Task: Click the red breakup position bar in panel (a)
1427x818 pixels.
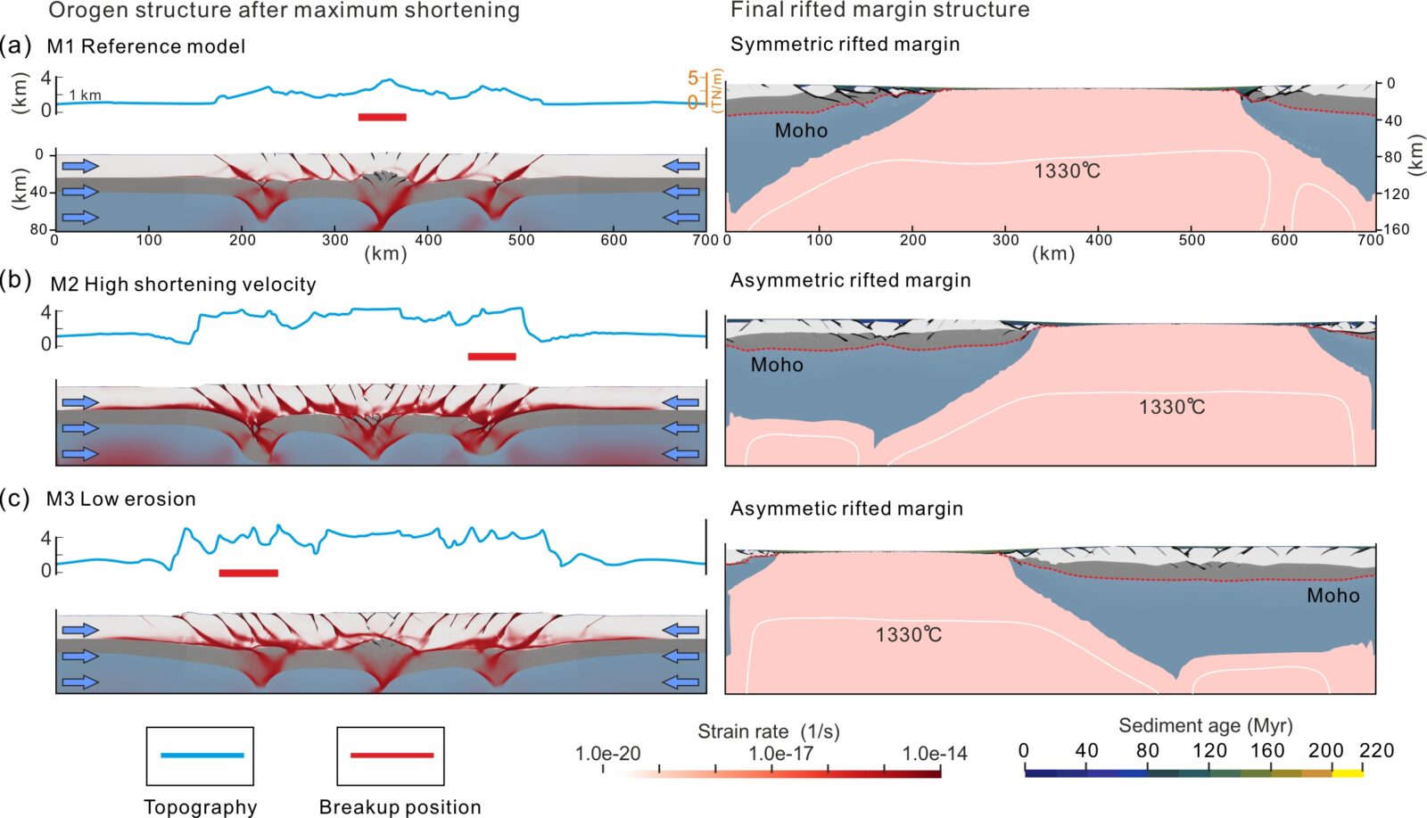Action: (382, 117)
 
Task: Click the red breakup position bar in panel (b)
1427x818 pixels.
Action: (491, 357)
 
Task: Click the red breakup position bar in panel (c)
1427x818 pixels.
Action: (248, 573)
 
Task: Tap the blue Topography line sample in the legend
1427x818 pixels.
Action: (202, 756)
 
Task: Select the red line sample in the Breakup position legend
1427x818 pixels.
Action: (392, 756)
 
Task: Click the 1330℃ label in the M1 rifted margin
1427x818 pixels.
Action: (1067, 170)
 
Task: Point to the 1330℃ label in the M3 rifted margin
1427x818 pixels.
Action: (908, 634)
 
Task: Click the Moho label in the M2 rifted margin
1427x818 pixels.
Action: (776, 365)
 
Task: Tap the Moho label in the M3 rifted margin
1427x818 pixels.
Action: (1332, 595)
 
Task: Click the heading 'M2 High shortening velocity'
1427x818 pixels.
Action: (183, 285)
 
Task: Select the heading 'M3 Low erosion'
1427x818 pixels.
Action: (121, 499)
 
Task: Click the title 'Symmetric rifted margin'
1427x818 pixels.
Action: (845, 45)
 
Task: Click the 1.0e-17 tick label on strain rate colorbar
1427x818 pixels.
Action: (780, 754)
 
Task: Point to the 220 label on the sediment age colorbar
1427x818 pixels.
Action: (1375, 751)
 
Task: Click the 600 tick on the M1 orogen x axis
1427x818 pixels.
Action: (614, 240)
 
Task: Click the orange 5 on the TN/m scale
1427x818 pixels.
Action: (693, 78)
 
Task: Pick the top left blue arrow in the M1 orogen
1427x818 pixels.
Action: (79, 165)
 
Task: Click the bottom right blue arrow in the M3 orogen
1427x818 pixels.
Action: (681, 682)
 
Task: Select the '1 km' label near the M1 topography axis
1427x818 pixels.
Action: (86, 95)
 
